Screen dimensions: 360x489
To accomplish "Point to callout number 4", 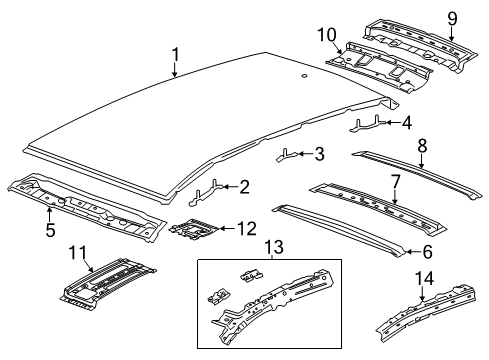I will [405, 123].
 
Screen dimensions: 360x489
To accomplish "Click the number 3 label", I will [318, 154].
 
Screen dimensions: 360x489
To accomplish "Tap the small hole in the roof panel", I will [301, 76].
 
